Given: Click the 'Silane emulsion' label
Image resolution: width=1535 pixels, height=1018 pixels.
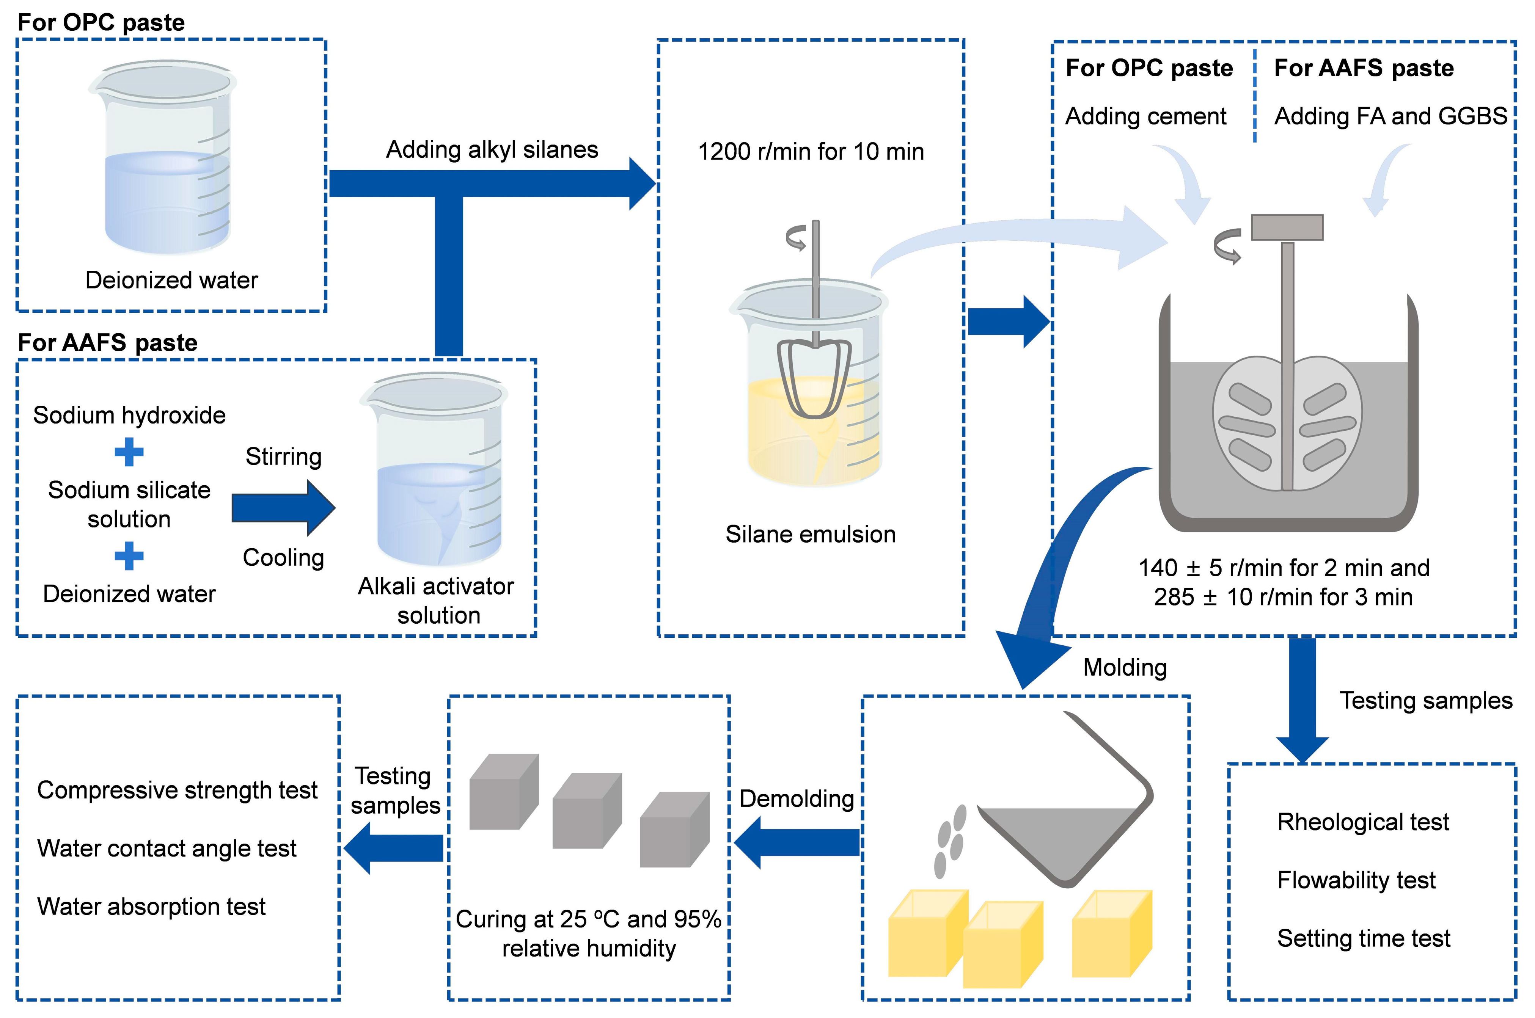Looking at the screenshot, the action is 810,534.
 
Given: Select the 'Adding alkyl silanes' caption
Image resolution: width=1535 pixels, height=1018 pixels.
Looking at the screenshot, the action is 492,150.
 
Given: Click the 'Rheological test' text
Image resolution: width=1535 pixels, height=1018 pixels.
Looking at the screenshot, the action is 1363,822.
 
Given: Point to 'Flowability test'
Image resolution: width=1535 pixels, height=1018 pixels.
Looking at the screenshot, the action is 1356,880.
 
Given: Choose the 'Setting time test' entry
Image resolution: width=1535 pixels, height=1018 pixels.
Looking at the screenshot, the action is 1364,938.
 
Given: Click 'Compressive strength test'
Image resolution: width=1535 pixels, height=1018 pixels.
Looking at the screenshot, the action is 177,790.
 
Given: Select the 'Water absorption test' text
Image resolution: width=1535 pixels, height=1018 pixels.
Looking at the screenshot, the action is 151,906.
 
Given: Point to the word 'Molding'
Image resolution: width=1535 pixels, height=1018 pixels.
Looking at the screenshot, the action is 1125,667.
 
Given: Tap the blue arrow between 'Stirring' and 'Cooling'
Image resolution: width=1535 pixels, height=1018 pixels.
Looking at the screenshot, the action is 283,508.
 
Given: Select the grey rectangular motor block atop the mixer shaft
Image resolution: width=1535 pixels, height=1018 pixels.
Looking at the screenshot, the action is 1287,227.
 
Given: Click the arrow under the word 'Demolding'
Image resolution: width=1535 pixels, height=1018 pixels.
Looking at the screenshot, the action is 797,843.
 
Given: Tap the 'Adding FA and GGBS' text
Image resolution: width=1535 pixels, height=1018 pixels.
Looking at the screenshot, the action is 1390,116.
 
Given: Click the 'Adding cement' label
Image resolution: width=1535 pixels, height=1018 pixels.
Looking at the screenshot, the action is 1146,116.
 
